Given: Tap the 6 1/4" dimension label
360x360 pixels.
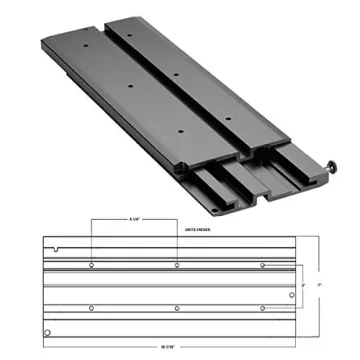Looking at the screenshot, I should pos(134,220).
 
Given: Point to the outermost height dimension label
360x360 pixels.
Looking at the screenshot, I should pos(319,286).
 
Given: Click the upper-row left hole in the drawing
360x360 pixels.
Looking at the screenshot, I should pos(92,266).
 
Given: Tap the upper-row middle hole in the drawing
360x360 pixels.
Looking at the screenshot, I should pos(177,266).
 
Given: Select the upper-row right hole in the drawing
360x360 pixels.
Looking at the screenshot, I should pos(262,266).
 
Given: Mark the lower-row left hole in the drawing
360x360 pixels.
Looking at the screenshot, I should pos(92,307).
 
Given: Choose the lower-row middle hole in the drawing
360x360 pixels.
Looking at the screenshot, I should pos(177,307).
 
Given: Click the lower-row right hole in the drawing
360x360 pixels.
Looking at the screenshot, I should pos(262,307).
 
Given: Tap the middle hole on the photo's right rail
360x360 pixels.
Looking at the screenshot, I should pos(175,75).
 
